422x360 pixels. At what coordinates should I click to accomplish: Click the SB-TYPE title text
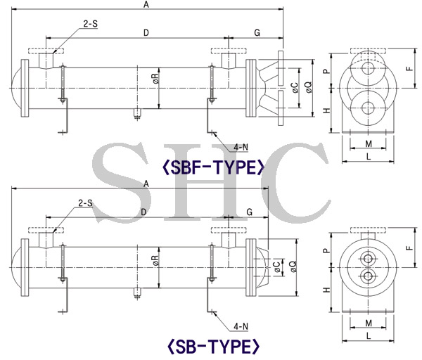214,346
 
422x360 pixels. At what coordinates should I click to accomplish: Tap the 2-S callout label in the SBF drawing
91,24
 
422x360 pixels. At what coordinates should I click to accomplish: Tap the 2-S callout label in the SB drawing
85,203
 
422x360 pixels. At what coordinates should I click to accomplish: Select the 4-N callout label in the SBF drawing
241,147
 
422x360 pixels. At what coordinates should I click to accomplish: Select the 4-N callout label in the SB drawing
241,326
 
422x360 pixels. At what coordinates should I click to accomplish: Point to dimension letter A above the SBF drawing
146,4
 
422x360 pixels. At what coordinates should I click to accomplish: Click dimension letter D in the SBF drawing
146,33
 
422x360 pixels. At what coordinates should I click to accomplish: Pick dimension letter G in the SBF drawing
257,33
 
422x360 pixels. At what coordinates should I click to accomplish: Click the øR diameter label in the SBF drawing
155,78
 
